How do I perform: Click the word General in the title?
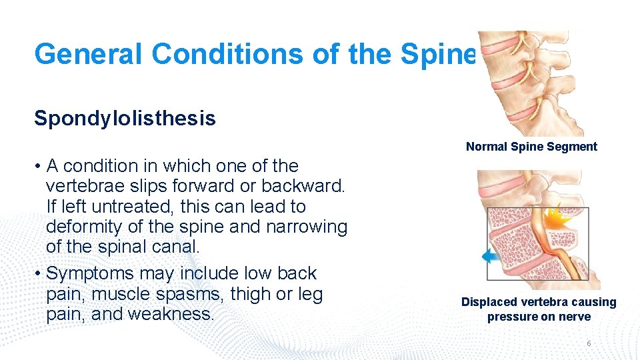88,54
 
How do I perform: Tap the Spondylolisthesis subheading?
125,119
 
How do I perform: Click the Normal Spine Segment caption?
531,147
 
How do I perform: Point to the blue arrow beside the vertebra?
491,255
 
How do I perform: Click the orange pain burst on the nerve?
555,218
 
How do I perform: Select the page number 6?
589,343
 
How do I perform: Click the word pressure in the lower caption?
511,317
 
